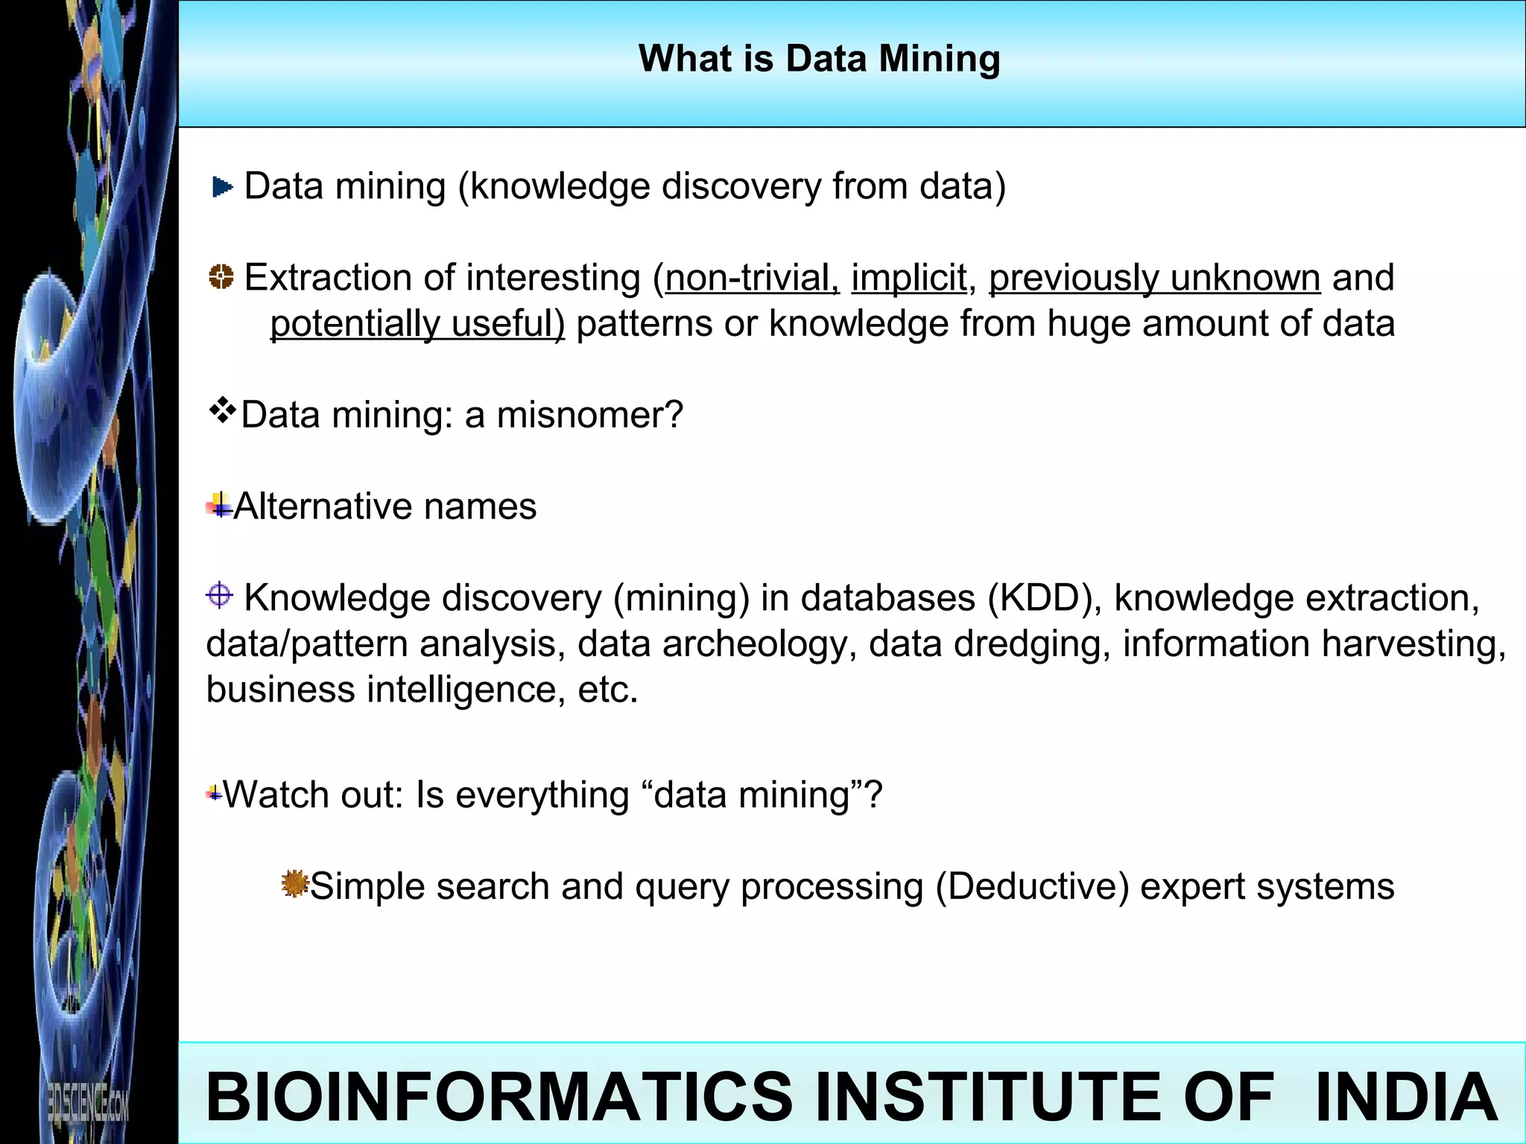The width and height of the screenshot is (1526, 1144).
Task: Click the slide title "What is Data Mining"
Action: point(819,59)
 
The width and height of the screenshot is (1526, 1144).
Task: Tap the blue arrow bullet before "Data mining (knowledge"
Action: point(222,187)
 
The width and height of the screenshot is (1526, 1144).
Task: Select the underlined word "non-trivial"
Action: point(752,279)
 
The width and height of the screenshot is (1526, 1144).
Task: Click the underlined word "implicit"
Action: point(908,279)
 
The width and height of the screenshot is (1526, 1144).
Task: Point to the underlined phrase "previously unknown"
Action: point(1154,279)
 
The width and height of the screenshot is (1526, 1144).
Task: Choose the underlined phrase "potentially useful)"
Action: point(417,324)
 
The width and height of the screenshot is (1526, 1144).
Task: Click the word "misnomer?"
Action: point(589,415)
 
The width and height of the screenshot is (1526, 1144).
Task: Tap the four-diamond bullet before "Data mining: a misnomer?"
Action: point(222,410)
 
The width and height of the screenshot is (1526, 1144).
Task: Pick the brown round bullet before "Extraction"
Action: point(221,277)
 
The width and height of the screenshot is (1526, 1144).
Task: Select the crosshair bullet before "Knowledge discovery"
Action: point(219,596)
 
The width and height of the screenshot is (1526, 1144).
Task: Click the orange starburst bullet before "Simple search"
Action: point(294,884)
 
